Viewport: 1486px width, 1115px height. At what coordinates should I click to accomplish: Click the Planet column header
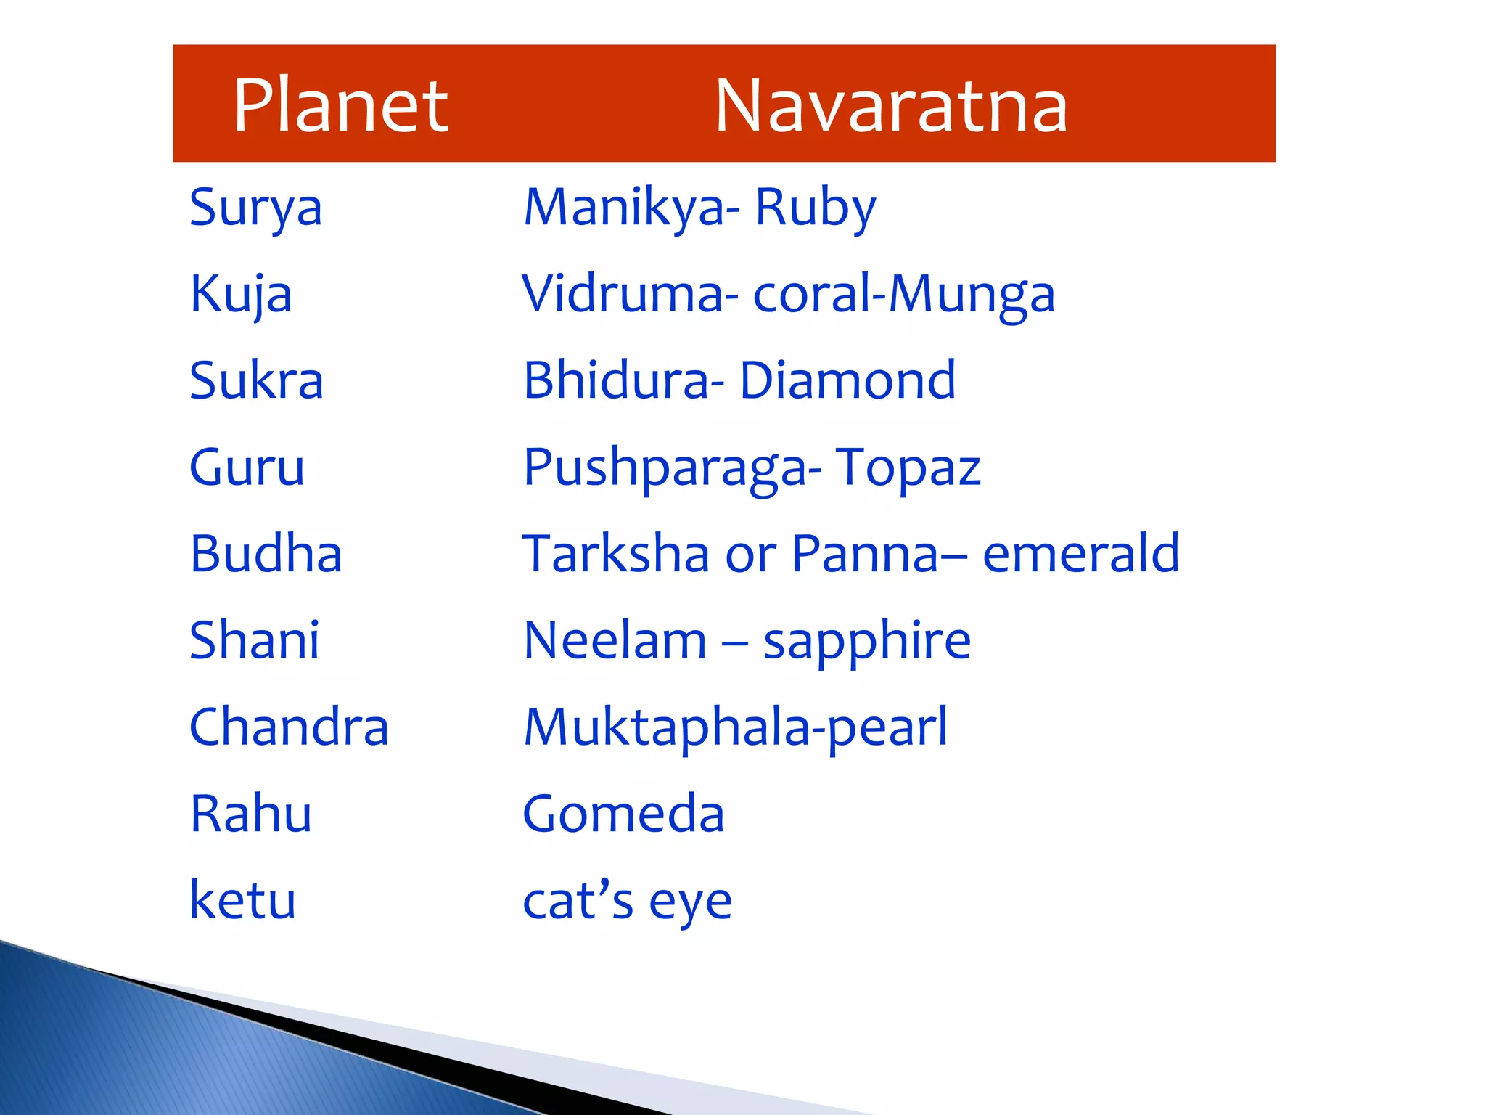[340, 106]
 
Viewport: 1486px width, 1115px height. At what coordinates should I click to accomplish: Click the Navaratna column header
[891, 106]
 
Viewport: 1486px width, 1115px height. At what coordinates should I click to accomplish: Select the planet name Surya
[255, 208]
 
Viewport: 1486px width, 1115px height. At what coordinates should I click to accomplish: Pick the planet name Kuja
[241, 295]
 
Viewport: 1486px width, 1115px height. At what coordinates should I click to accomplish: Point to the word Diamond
[847, 380]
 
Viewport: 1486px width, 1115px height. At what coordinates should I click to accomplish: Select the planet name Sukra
[256, 380]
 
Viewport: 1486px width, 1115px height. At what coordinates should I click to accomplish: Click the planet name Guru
[247, 467]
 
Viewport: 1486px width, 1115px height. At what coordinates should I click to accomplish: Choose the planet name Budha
[266, 554]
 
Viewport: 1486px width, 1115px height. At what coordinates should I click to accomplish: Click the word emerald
[1080, 554]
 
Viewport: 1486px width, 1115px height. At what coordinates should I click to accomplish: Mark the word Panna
[865, 554]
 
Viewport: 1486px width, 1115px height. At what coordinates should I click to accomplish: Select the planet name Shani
[254, 640]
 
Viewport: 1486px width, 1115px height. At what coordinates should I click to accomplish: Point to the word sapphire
[867, 642]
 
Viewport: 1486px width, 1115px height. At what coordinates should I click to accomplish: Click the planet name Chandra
[289, 727]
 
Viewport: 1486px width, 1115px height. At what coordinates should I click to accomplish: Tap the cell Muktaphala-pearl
[735, 727]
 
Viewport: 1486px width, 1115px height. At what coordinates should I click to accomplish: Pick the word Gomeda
[623, 814]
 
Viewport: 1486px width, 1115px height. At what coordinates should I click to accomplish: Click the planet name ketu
[242, 900]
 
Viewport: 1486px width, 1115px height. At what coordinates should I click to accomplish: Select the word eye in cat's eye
[690, 903]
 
